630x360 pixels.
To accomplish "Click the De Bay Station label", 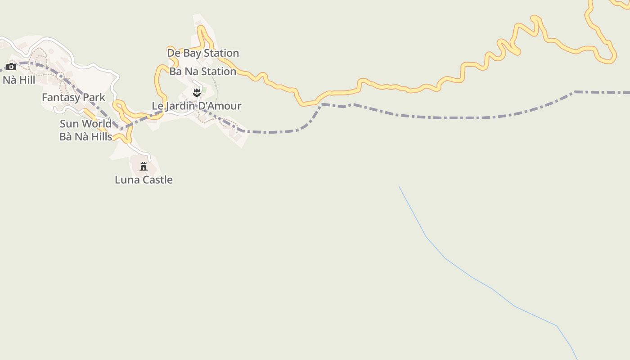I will [x=203, y=53].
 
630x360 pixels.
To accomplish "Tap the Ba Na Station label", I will [x=202, y=72].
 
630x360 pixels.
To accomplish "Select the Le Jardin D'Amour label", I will [x=196, y=106].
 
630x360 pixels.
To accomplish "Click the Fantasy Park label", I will [x=73, y=97].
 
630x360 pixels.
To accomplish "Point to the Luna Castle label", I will [x=144, y=180].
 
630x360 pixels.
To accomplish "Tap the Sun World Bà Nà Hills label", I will [x=85, y=130].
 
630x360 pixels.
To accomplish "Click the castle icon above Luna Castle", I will [x=144, y=166].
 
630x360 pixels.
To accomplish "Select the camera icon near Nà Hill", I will [x=11, y=67].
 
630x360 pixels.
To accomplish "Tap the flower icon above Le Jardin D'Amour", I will [x=196, y=93].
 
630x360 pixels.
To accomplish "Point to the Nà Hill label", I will [x=19, y=81].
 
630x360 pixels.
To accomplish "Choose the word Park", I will [x=94, y=97].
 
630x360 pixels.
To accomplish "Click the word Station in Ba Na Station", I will [x=219, y=72].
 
